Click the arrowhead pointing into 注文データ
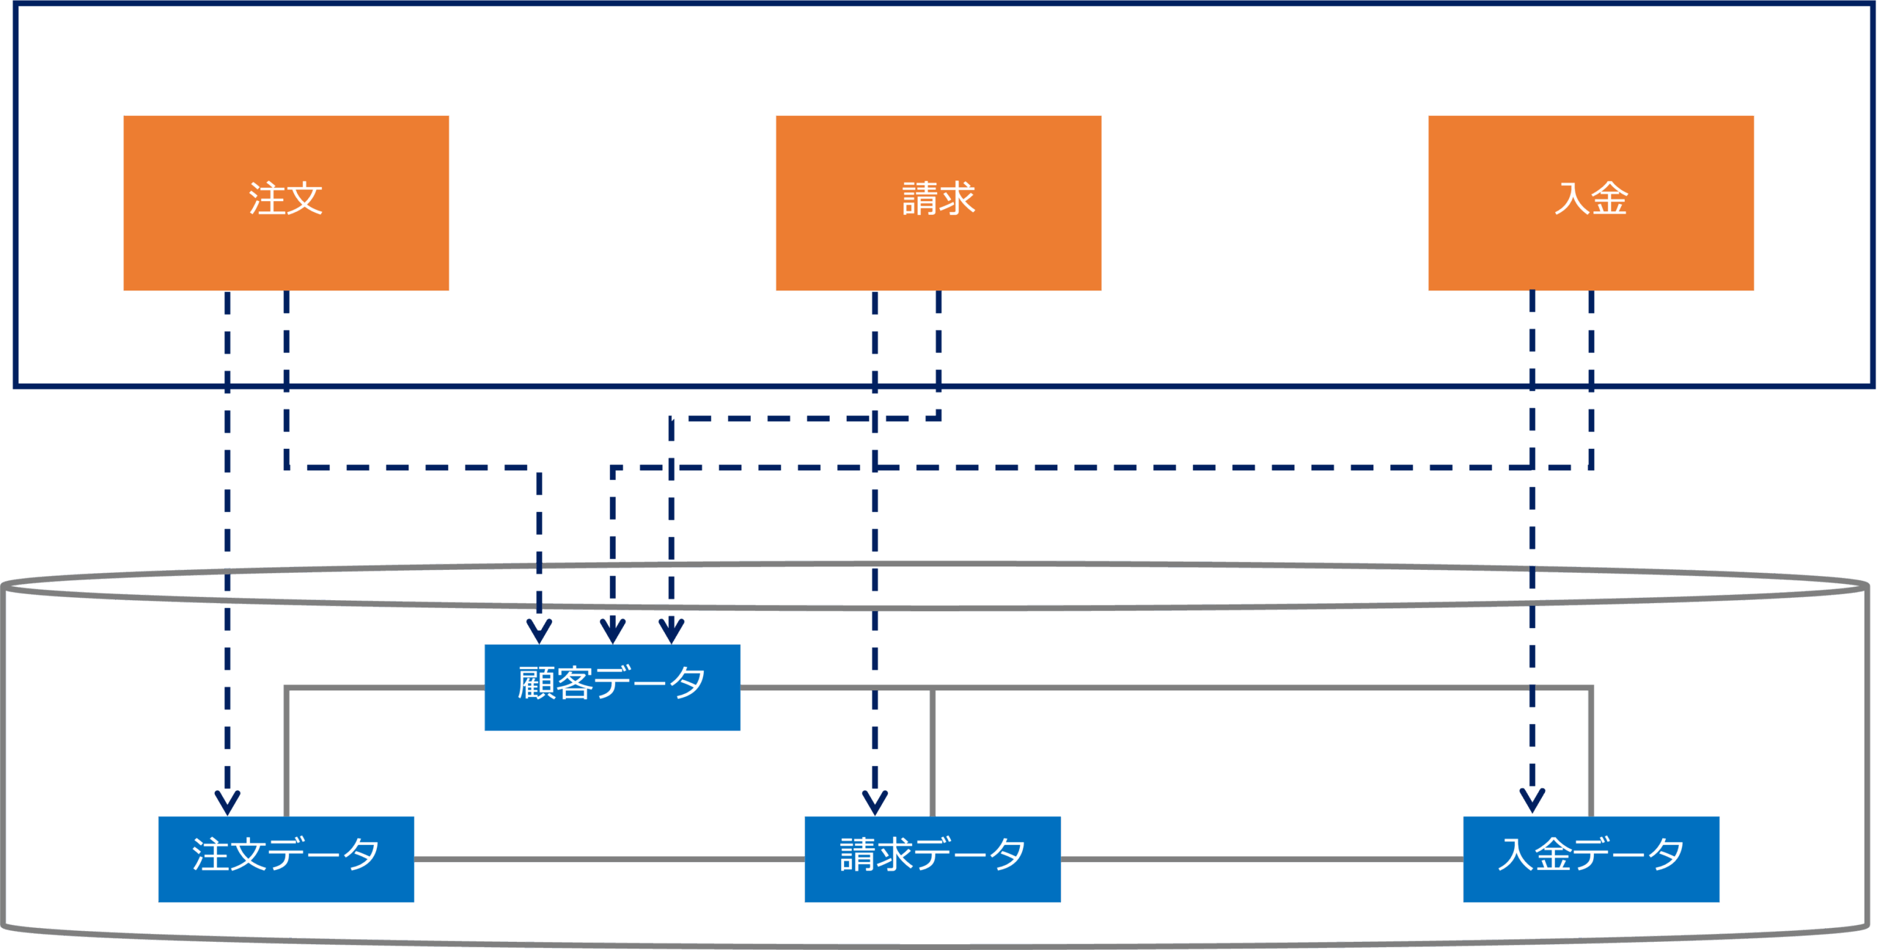pyautogui.click(x=227, y=802)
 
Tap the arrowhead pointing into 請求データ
pyautogui.click(x=875, y=802)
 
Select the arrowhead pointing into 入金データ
pyautogui.click(x=1532, y=800)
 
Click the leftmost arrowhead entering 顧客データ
pyautogui.click(x=539, y=630)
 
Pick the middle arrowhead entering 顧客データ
pyautogui.click(x=612, y=630)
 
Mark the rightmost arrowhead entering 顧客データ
pyautogui.click(x=672, y=630)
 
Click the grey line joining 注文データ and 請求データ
pyautogui.click(x=609, y=859)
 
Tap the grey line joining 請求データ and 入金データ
pyautogui.click(x=1261, y=859)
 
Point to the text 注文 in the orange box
pyautogui.click(x=286, y=198)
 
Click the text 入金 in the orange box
pyautogui.click(x=1591, y=198)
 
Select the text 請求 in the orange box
pyautogui.click(x=938, y=198)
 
